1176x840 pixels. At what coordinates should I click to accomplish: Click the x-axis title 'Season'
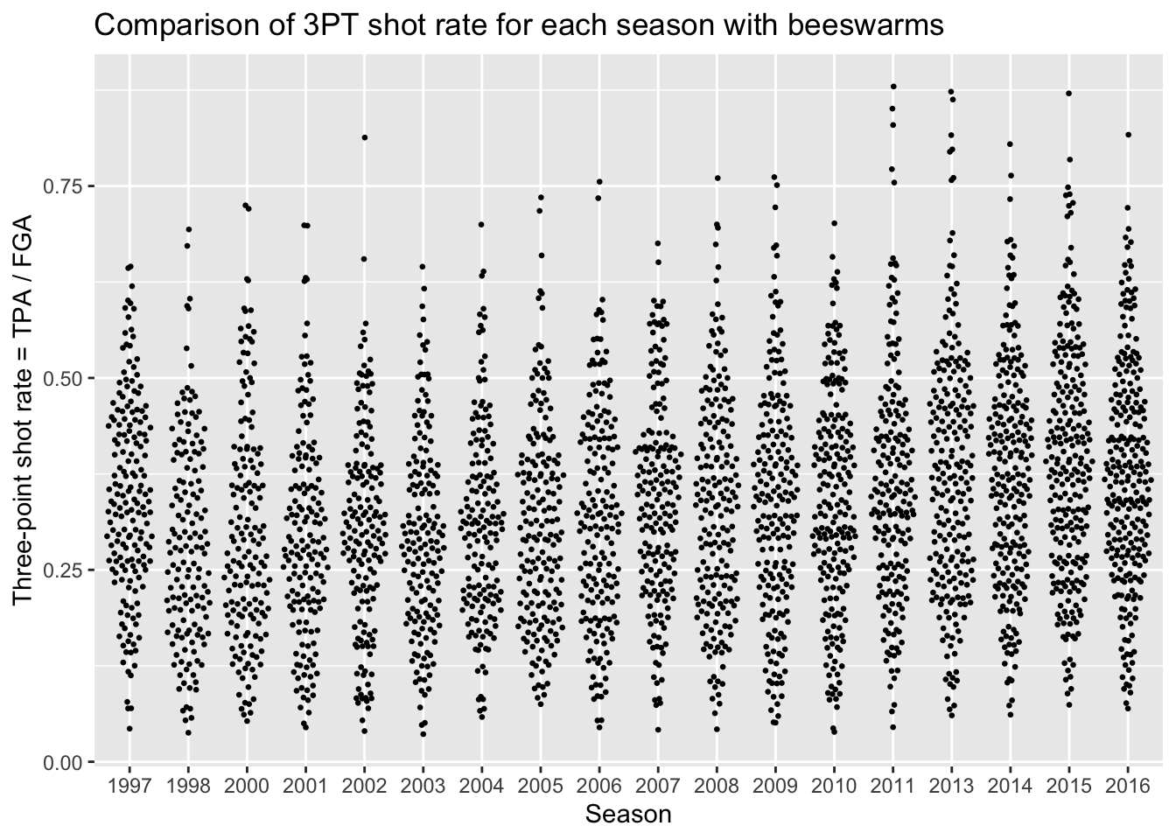point(628,815)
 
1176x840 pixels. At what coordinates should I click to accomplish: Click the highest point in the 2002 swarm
point(364,137)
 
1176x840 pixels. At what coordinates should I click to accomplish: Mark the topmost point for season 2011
point(892,87)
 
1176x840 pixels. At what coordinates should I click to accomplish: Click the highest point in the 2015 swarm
point(1068,94)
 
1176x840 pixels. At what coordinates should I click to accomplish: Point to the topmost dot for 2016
point(1128,135)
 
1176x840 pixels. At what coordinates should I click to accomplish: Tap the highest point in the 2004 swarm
point(481,225)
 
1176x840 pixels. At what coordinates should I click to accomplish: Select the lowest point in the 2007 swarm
point(658,730)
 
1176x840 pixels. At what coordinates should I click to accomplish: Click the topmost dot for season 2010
point(834,223)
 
